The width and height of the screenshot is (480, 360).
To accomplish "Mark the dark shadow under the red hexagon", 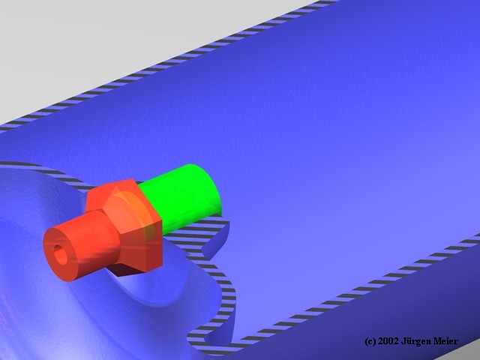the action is (x=125, y=270).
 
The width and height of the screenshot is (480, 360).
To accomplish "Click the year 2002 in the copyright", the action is (x=388, y=341).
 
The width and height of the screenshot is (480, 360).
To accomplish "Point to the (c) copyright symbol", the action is (x=370, y=341).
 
